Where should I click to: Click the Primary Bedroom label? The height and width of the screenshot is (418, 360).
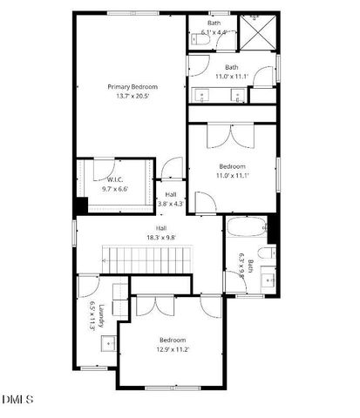(x=132, y=86)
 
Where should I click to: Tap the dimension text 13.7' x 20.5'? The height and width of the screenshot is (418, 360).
(x=132, y=97)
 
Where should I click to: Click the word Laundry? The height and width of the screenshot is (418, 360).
(x=102, y=315)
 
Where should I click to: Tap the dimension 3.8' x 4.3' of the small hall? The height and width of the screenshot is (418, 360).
(x=172, y=204)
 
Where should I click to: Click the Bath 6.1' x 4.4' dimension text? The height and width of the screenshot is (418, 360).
(x=214, y=32)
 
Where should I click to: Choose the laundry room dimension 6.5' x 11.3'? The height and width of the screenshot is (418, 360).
(x=93, y=315)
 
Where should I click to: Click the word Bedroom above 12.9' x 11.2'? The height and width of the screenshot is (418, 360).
(x=171, y=340)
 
